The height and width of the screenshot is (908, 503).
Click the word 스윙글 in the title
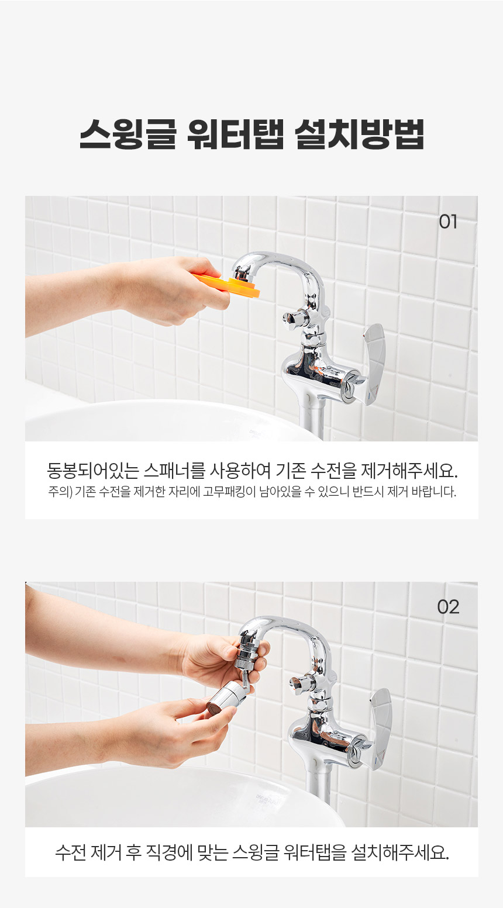coord(128,134)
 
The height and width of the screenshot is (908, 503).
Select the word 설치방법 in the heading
coord(359,134)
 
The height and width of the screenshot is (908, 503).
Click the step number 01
coord(448,222)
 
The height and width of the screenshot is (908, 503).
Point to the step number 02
coord(448,607)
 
